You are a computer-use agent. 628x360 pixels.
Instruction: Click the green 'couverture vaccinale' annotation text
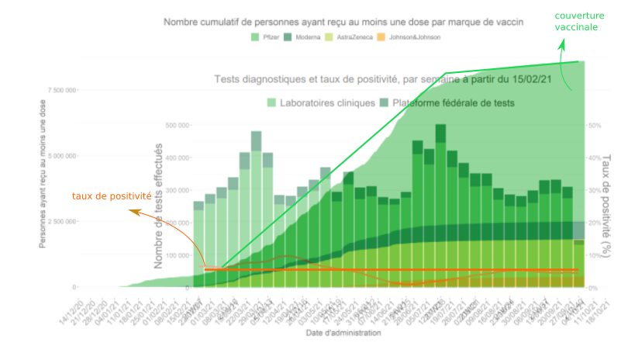576,21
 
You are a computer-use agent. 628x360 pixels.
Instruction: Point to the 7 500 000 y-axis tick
62,91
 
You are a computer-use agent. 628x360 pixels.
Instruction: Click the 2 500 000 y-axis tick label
62,222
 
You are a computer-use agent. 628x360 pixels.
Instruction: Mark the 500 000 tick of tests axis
178,125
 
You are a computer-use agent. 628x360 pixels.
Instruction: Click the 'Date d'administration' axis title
342,333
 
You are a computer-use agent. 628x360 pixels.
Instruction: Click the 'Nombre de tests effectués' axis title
158,206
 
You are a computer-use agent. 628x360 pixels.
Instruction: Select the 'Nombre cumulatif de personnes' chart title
343,22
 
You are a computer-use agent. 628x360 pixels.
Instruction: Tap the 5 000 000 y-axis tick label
62,156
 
